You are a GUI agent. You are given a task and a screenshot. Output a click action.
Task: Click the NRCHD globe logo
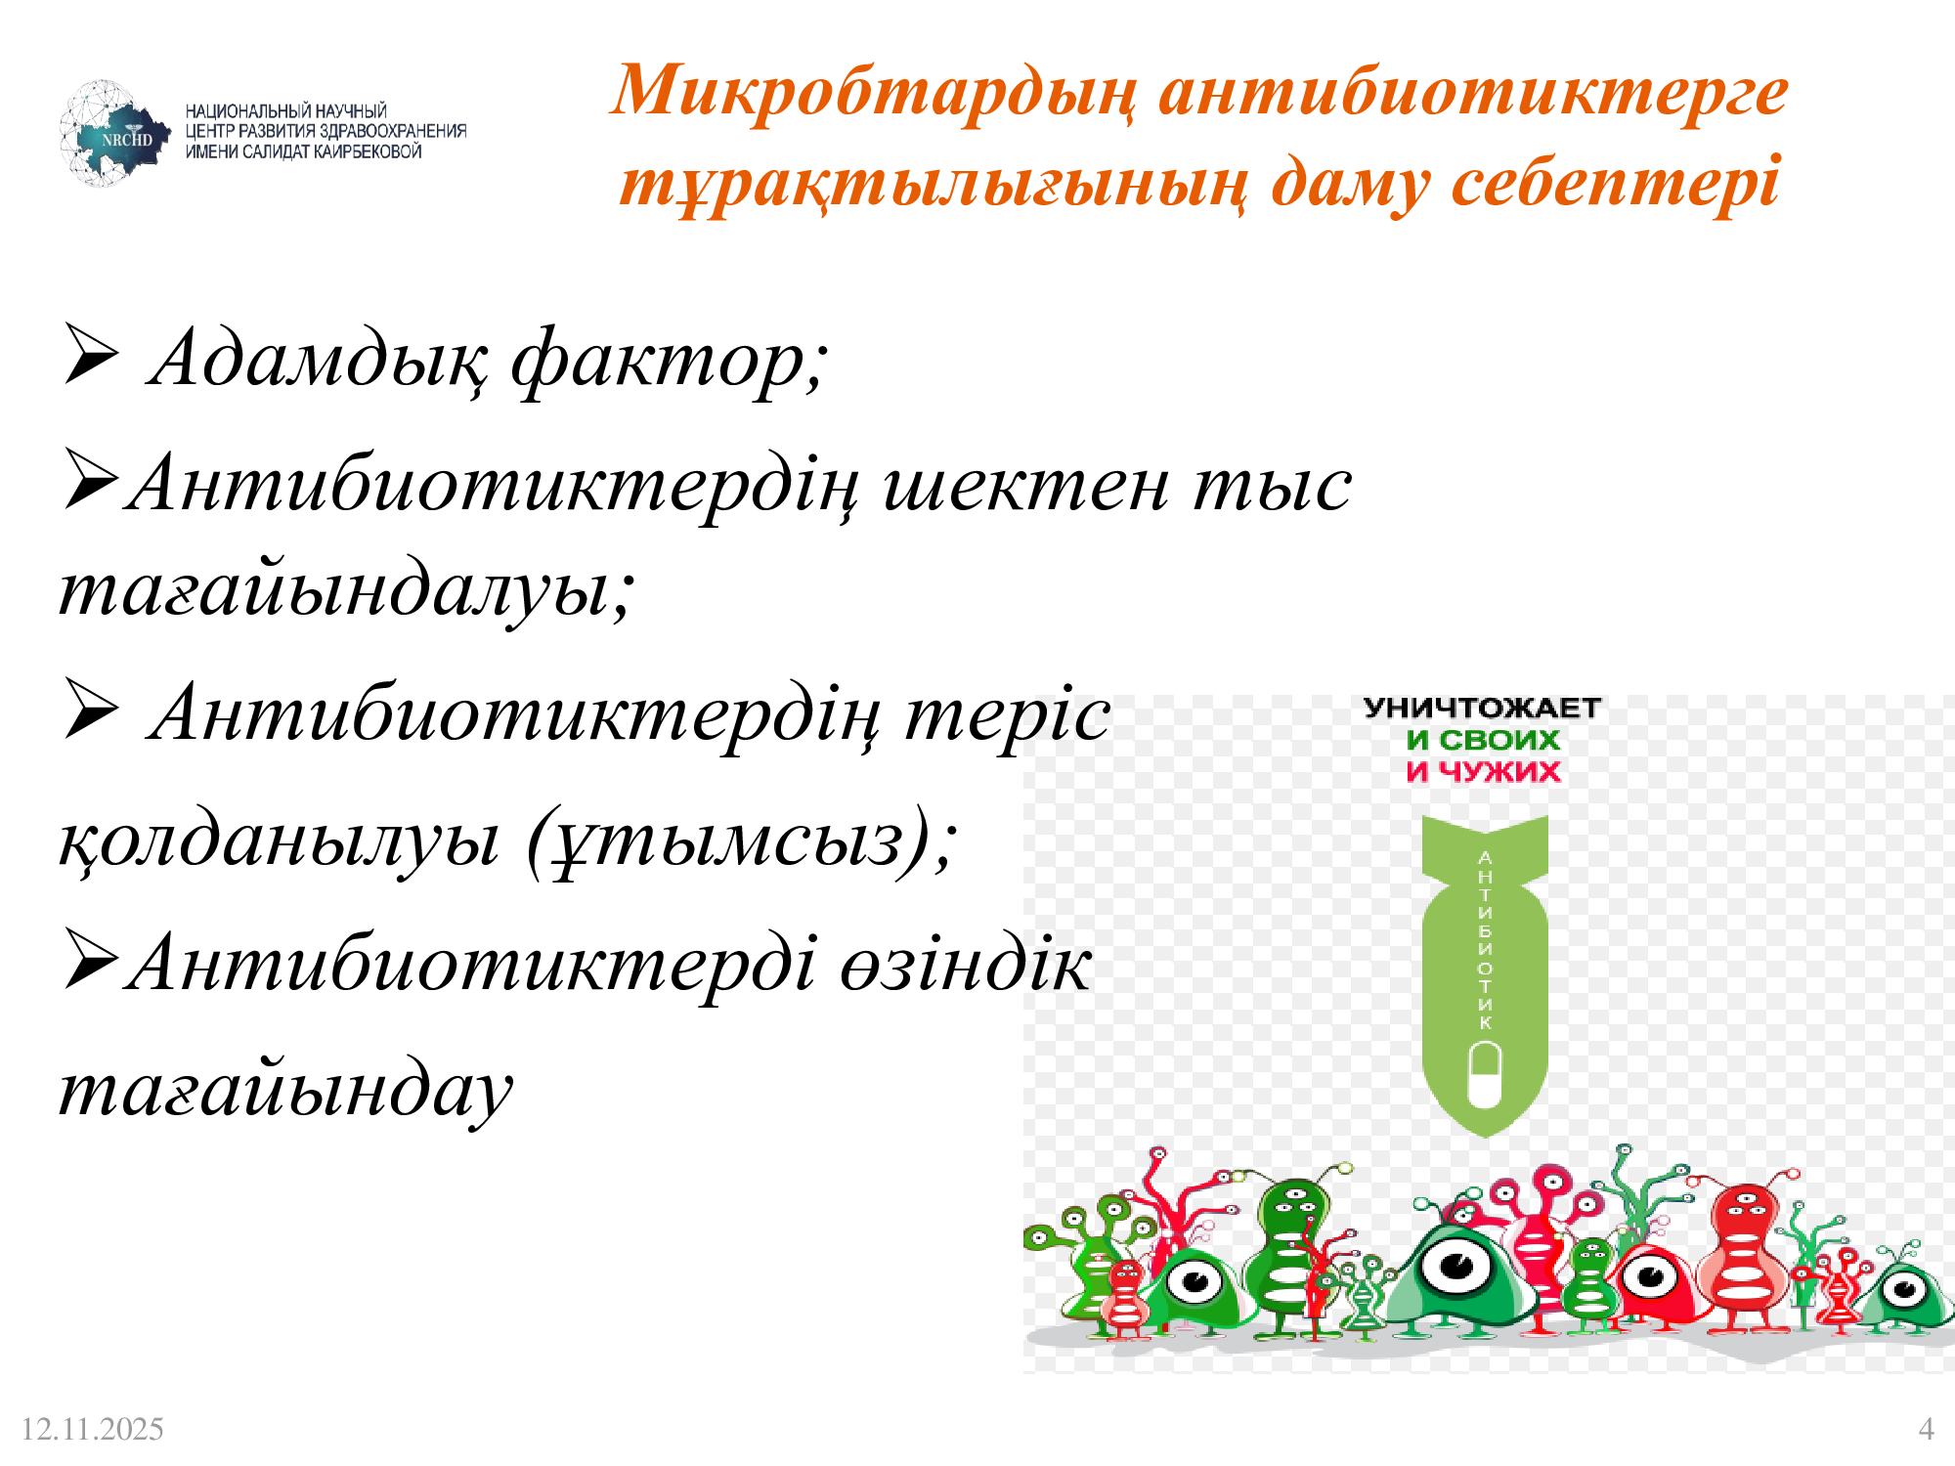(114, 134)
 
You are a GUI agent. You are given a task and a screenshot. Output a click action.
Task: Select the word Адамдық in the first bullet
(318, 361)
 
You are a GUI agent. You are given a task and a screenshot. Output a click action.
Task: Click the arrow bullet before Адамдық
(91, 354)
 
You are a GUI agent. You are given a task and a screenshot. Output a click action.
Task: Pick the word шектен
(1025, 485)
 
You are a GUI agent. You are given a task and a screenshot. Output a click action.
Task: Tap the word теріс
(1008, 714)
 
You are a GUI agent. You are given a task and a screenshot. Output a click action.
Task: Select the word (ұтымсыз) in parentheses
(741, 841)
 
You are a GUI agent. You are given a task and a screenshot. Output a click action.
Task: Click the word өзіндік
(966, 964)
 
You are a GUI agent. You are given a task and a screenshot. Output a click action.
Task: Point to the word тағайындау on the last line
(285, 1091)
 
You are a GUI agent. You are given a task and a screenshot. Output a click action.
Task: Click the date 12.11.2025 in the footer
(92, 1429)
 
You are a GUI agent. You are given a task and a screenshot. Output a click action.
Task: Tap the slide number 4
(1926, 1429)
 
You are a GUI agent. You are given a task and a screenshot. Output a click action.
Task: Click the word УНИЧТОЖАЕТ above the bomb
(1482, 708)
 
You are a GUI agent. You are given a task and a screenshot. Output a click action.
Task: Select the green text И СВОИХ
(1483, 740)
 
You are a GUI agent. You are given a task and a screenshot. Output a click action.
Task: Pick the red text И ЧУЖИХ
(1483, 771)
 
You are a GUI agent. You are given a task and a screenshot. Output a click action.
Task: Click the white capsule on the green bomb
(1485, 1074)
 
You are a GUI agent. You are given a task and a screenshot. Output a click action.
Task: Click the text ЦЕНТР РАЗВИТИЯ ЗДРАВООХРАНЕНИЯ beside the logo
(326, 131)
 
